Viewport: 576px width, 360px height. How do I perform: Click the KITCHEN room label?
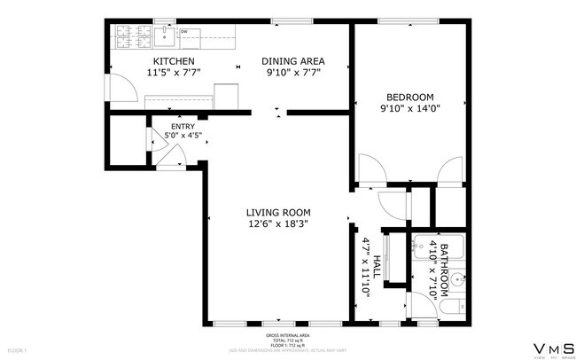pos(169,61)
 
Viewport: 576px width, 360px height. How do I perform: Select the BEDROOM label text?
pos(409,97)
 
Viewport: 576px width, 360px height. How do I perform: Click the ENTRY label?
pos(182,127)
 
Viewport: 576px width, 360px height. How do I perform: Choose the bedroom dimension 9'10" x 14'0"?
pos(409,108)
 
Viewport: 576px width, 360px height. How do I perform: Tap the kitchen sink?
pos(164,36)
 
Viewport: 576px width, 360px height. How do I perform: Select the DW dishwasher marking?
pos(184,32)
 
